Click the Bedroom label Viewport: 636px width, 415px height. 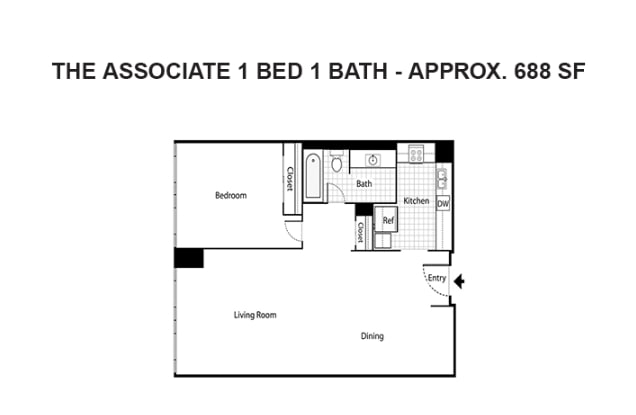click(x=230, y=195)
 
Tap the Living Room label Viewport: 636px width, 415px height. click(x=254, y=315)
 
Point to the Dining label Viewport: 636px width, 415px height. click(x=372, y=336)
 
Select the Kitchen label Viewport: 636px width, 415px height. click(x=416, y=201)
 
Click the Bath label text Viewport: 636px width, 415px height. click(x=364, y=184)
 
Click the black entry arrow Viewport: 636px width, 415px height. click(x=459, y=282)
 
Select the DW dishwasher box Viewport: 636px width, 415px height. click(x=442, y=203)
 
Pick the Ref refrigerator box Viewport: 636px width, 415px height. click(x=389, y=221)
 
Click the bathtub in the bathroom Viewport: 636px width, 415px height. click(x=313, y=176)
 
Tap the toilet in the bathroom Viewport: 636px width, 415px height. click(x=337, y=162)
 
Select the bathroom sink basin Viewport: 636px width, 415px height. click(x=372, y=159)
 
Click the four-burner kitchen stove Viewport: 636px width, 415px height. click(x=414, y=155)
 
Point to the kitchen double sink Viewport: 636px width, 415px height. click(x=441, y=179)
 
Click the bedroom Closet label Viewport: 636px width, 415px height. click(x=290, y=179)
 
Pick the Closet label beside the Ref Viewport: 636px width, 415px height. click(x=360, y=231)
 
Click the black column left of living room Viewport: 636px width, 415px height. click(x=188, y=257)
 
